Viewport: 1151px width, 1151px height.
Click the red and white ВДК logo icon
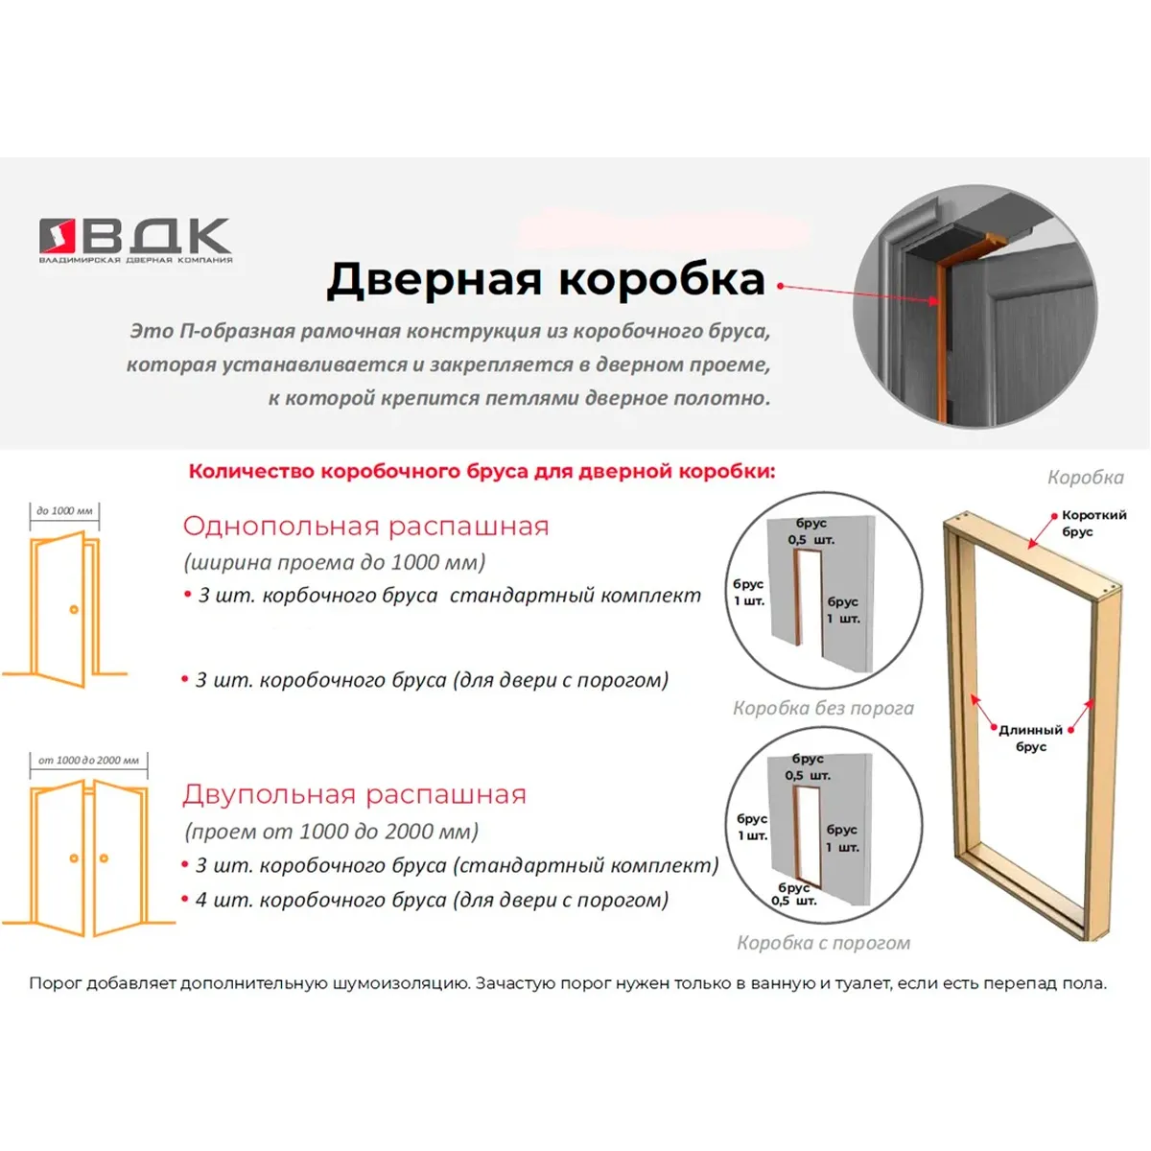click(58, 235)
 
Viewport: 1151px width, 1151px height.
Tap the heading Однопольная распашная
click(365, 527)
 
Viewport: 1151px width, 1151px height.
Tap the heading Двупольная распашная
click(354, 794)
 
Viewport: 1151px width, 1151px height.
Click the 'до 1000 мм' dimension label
click(64, 510)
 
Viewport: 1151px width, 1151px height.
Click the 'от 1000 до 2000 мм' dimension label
click(88, 761)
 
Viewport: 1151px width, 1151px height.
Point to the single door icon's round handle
click(74, 610)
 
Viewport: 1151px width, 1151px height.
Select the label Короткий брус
click(1093, 524)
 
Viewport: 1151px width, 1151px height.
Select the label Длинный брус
click(1030, 739)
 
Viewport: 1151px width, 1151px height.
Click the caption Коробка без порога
click(823, 709)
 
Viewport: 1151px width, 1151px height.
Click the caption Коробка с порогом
click(823, 943)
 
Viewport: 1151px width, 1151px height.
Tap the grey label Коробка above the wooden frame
click(1085, 478)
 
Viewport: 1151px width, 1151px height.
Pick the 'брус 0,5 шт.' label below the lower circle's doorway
click(794, 894)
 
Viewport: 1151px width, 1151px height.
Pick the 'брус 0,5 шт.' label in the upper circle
click(811, 531)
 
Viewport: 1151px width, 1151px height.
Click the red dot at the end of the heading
click(780, 286)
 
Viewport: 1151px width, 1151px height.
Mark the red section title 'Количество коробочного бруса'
click(482, 471)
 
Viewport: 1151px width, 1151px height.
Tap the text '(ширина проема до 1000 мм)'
click(335, 562)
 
